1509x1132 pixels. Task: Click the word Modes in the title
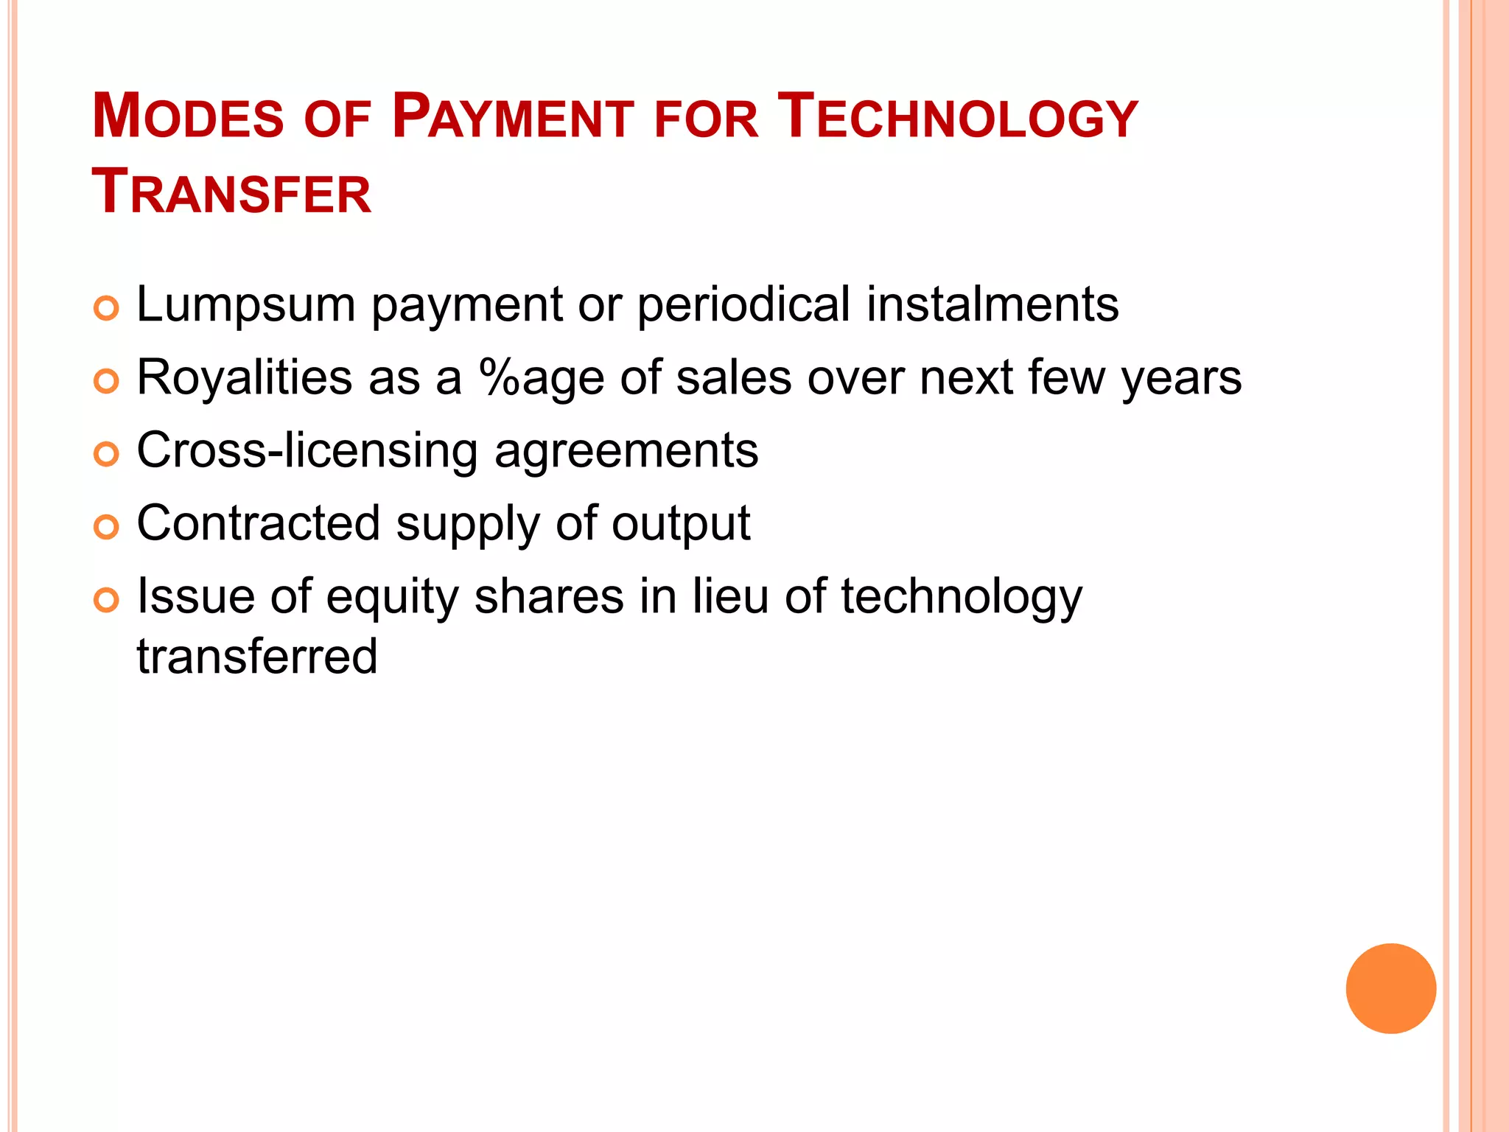[x=188, y=116]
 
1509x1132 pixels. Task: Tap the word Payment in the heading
[x=512, y=116]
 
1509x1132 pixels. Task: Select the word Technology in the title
[x=959, y=116]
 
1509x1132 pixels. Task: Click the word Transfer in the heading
[x=231, y=192]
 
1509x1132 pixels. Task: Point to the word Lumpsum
[x=246, y=304]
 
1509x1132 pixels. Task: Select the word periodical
[x=743, y=304]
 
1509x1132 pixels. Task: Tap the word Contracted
[x=258, y=523]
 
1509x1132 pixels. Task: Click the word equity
[x=393, y=597]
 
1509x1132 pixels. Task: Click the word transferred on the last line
[x=257, y=656]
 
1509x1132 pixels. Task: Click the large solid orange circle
[x=1390, y=988]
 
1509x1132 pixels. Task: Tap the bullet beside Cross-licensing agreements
[x=107, y=454]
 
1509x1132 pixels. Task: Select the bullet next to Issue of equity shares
[x=107, y=600]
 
